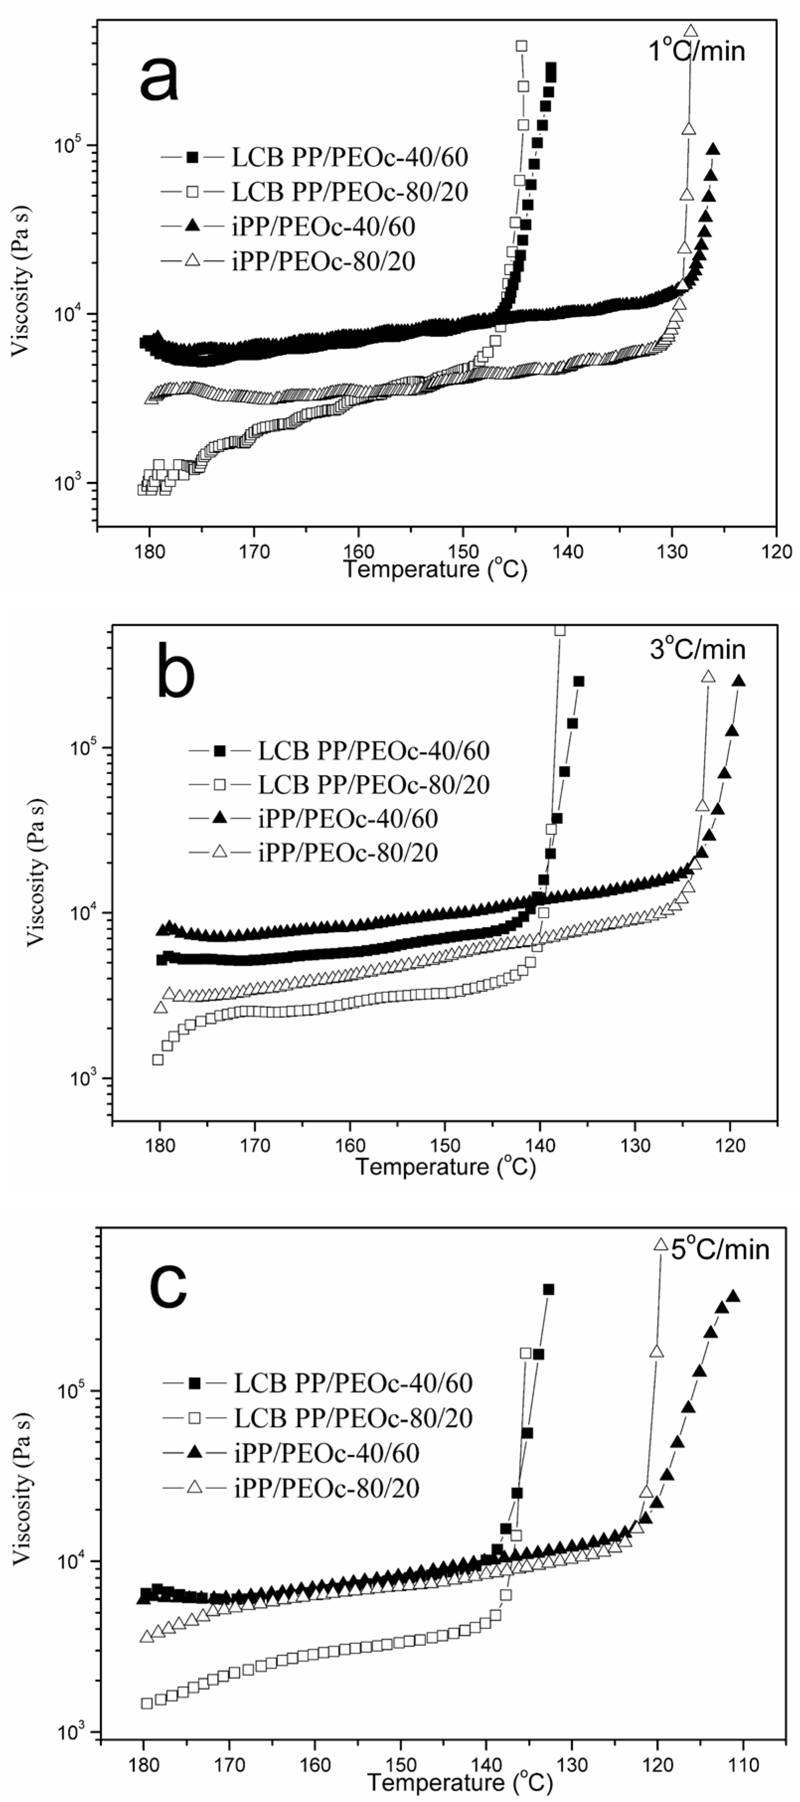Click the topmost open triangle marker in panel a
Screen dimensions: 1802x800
pos(691,31)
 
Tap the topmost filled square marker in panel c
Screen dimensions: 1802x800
pos(549,1289)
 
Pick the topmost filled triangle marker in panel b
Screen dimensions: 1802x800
pos(739,681)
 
